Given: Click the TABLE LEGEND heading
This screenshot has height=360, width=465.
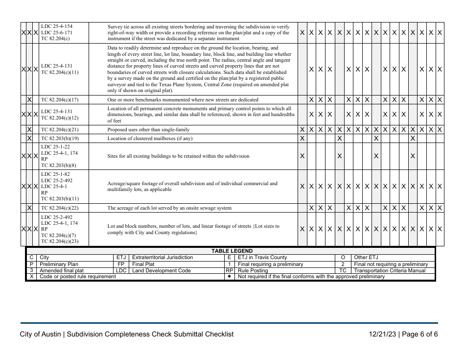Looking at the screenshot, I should pyautogui.click(x=232, y=251).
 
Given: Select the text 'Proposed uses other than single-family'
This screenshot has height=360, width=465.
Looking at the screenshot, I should pyautogui.click(x=148, y=130).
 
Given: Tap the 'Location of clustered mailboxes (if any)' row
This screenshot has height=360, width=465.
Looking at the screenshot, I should pyautogui.click(x=150, y=139).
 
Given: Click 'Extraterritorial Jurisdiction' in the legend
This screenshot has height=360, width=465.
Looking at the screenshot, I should pyautogui.click(x=163, y=258).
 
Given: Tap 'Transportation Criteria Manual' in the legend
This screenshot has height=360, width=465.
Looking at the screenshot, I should pyautogui.click(x=391, y=270).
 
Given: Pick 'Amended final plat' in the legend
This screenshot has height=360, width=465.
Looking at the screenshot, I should pyautogui.click(x=62, y=270).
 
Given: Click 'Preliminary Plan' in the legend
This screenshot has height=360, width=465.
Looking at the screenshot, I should pyautogui.click(x=59, y=264).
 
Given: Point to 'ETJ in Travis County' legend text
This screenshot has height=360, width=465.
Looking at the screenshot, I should pyautogui.click(x=262, y=258).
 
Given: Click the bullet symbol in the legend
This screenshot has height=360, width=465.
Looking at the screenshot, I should pyautogui.click(x=229, y=277).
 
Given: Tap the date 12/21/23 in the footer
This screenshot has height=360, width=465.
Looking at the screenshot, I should pyautogui.click(x=383, y=334).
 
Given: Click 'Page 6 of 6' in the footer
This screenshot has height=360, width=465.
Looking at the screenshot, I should pyautogui.click(x=421, y=334).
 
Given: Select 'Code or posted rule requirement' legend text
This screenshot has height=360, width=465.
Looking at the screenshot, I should pyautogui.click(x=78, y=277).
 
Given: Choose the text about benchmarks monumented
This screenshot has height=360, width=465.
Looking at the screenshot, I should pyautogui.click(x=183, y=100).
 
